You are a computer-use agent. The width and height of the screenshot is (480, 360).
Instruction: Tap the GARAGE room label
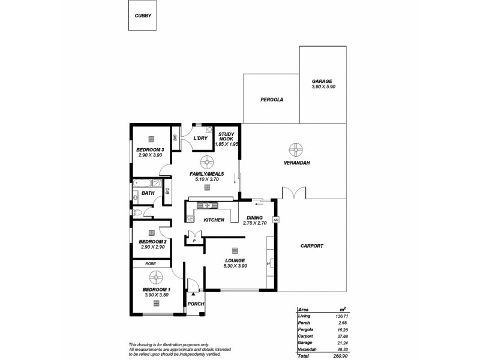322,82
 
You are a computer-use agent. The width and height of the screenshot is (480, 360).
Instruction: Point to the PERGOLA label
271,99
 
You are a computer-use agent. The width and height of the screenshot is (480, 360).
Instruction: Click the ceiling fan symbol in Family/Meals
207,162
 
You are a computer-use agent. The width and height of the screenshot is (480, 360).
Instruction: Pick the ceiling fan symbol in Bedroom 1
156,277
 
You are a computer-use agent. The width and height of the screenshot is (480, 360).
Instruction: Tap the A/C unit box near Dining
276,220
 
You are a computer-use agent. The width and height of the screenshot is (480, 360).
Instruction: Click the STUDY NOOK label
226,137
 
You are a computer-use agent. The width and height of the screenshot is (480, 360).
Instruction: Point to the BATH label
148,193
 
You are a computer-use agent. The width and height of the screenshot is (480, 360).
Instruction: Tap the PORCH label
196,304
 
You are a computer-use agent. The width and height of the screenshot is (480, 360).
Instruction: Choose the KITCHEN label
214,220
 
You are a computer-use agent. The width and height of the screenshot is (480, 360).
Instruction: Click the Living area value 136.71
340,315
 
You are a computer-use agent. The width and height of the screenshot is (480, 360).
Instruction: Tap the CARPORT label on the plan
311,246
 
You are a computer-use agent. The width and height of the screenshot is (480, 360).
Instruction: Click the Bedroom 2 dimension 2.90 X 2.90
153,247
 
